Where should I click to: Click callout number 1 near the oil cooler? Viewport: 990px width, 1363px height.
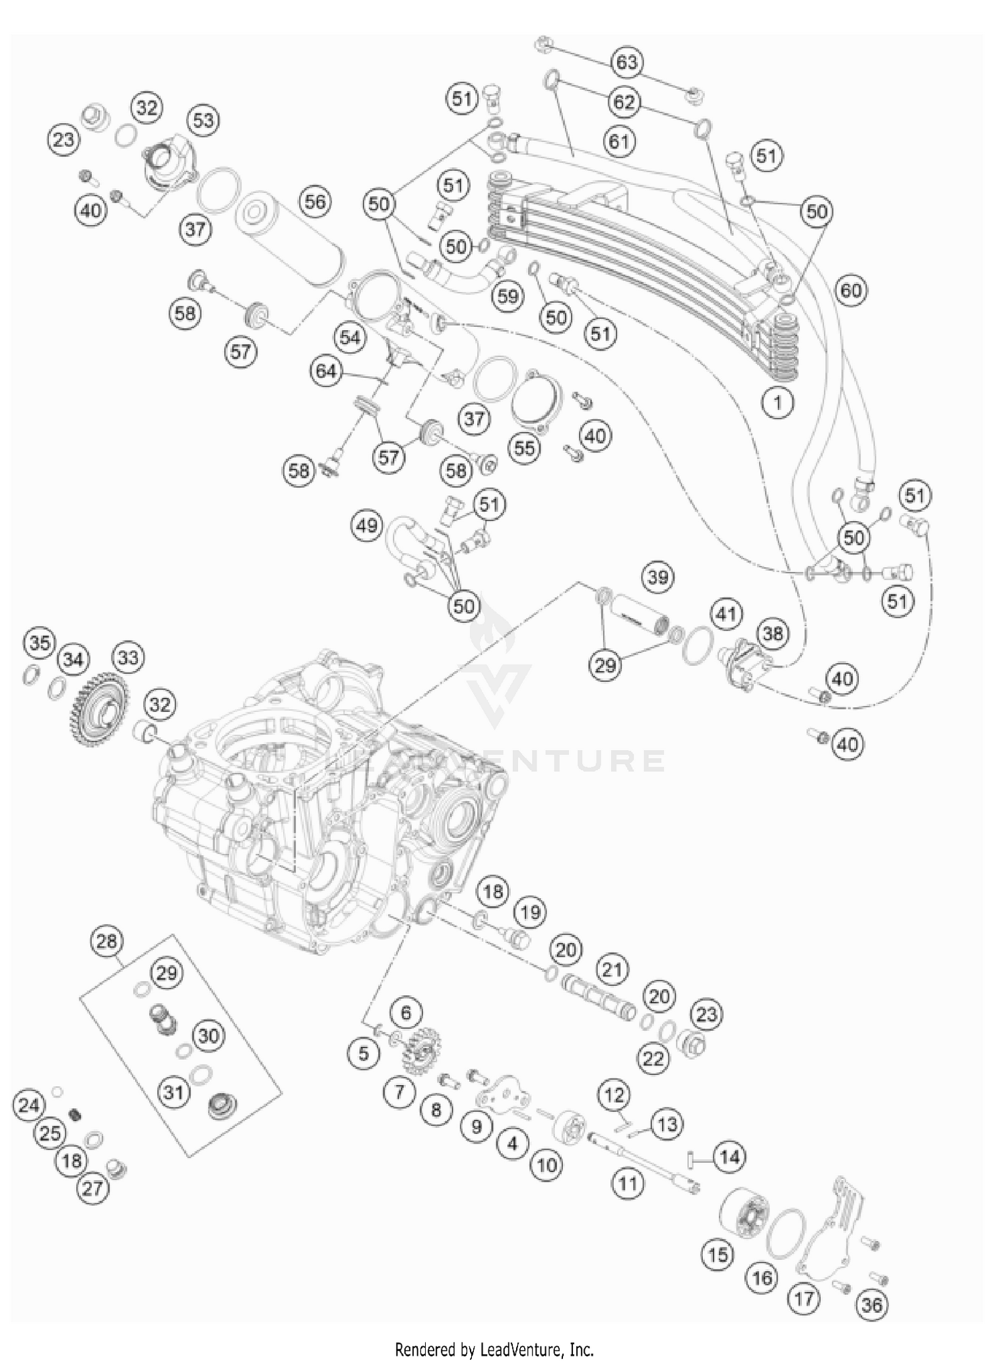point(777,402)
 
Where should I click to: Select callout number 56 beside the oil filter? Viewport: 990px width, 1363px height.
point(315,201)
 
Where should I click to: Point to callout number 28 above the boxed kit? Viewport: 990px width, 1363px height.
point(107,940)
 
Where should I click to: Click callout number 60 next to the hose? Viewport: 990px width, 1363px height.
point(851,290)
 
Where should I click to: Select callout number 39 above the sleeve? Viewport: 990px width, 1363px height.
point(658,577)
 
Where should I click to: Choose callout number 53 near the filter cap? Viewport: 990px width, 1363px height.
point(203,121)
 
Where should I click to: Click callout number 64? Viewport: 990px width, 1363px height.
point(326,371)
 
